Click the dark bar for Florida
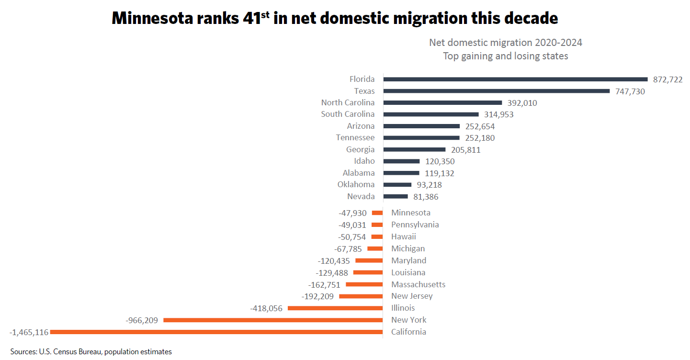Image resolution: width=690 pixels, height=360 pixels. [x=515, y=79]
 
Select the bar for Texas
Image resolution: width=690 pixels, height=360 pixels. [x=497, y=91]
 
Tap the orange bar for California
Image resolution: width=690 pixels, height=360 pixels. [x=216, y=332]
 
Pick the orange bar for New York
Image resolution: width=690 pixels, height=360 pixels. [x=273, y=320]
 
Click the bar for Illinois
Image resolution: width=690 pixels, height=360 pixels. [x=335, y=308]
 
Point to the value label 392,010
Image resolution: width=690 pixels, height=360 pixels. [x=522, y=103]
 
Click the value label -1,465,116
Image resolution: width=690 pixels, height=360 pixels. [x=29, y=332]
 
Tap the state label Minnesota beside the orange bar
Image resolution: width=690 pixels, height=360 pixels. [x=410, y=213]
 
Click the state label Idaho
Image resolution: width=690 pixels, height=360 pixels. [x=364, y=161]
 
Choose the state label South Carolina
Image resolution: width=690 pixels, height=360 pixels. [x=348, y=114]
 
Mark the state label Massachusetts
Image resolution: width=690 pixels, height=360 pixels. [x=418, y=284]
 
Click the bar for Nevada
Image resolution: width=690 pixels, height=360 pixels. [x=396, y=196]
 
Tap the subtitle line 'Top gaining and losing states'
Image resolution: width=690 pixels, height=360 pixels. [x=505, y=56]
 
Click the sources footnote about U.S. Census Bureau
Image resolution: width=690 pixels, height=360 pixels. [x=91, y=352]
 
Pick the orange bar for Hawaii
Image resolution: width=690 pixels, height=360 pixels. [x=377, y=236]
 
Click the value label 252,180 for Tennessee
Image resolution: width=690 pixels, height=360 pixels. [x=480, y=138]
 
